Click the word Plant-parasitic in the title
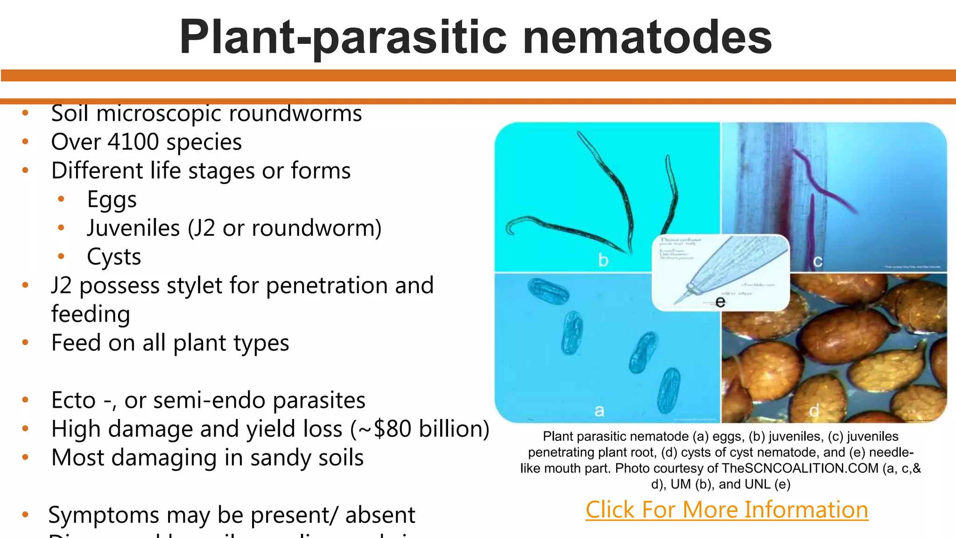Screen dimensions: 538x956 click(x=343, y=37)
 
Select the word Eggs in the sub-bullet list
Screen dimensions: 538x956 click(x=112, y=199)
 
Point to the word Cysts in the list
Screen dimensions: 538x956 click(x=114, y=257)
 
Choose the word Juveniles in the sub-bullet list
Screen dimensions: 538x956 click(x=133, y=228)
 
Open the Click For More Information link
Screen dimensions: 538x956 click(x=727, y=510)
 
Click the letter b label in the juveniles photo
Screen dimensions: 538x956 click(x=603, y=260)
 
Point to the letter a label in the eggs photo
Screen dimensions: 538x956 click(x=599, y=411)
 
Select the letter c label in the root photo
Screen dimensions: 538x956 click(x=817, y=262)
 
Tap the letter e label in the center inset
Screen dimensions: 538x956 click(x=720, y=302)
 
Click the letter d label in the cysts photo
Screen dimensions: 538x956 click(x=814, y=411)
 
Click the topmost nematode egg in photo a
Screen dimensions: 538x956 click(x=548, y=291)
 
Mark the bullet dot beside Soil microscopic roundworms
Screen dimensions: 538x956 click(x=26, y=113)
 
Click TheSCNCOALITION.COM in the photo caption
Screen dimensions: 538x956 click(x=800, y=468)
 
